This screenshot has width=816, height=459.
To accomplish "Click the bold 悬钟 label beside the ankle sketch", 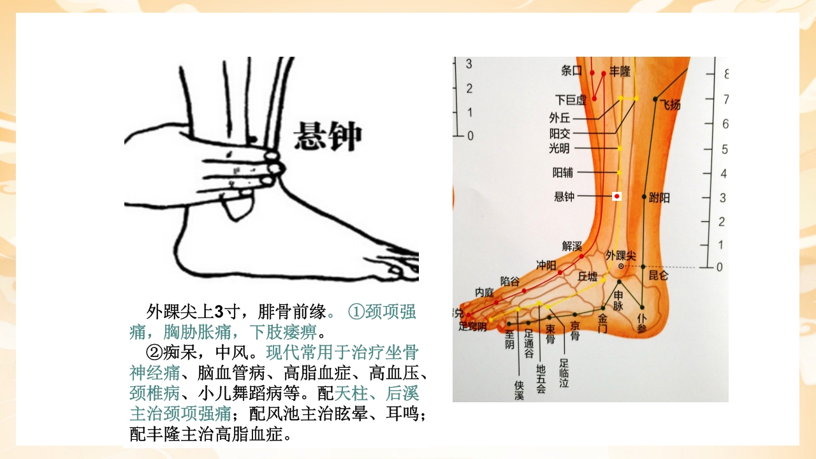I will [x=327, y=136].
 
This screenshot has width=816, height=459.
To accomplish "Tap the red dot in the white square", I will [x=616, y=196].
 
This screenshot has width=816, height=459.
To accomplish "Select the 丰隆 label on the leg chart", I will [x=620, y=71].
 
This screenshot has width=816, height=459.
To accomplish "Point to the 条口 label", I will [x=572, y=71].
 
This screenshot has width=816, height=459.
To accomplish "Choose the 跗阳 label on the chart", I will [x=660, y=198].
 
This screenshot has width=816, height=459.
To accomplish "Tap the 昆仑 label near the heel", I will [x=659, y=276].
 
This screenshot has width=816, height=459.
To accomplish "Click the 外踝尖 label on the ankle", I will [x=621, y=255].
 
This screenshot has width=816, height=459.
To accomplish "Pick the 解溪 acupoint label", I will [x=572, y=245].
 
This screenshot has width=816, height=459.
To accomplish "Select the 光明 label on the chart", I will [x=559, y=149].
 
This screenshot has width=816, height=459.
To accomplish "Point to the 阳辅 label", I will [x=563, y=172].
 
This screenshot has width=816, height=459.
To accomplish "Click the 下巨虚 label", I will [x=570, y=100].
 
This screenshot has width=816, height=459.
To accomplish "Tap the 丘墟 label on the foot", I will [x=588, y=277].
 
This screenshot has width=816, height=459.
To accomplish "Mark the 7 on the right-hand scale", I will [x=725, y=99].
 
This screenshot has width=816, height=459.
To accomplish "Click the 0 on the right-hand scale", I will [x=720, y=267].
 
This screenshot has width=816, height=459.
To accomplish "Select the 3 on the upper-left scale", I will [x=469, y=64].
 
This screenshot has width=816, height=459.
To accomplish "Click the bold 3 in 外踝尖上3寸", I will [x=219, y=312].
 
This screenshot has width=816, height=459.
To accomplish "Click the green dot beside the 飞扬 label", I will [x=655, y=99].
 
